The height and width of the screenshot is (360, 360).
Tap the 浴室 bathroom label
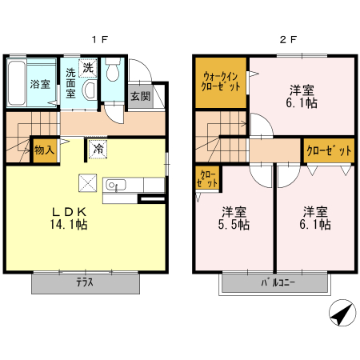(x=39, y=83)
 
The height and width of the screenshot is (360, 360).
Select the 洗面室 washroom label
(x=71, y=82)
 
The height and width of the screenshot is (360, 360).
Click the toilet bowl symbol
(x=112, y=74)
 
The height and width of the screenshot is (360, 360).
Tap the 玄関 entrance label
(x=140, y=96)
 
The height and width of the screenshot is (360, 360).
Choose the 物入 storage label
(x=45, y=150)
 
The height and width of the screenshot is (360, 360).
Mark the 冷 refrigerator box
(x=98, y=148)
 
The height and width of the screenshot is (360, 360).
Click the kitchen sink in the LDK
(x=114, y=186)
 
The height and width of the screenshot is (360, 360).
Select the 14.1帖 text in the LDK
(x=70, y=226)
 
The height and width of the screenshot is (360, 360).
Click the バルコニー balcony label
(x=274, y=283)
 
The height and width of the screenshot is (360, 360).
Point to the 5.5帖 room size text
(x=234, y=226)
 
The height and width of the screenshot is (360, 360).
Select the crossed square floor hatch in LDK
(x=87, y=182)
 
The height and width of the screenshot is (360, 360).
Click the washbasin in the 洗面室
(x=90, y=90)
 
